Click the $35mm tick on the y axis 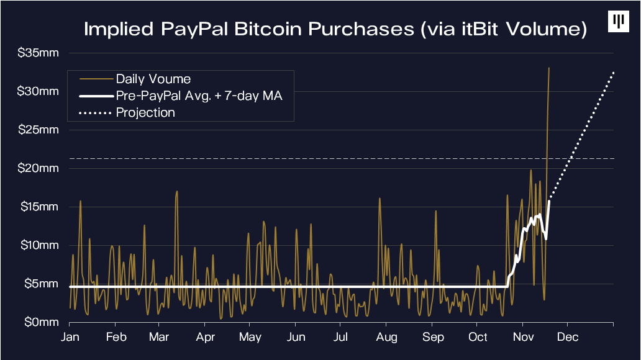[x=39, y=53]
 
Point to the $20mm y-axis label [x=39, y=168]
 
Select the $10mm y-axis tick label [x=39, y=245]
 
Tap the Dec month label [x=568, y=337]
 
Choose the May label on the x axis [x=250, y=337]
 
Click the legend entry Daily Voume [x=153, y=79]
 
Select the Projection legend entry [x=145, y=112]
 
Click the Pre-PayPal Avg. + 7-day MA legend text [x=199, y=96]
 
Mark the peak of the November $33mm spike [x=549, y=68]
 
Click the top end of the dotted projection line [x=614, y=72]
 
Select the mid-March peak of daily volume [x=177, y=191]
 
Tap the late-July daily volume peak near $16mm [x=379, y=199]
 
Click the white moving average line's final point [x=550, y=200]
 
